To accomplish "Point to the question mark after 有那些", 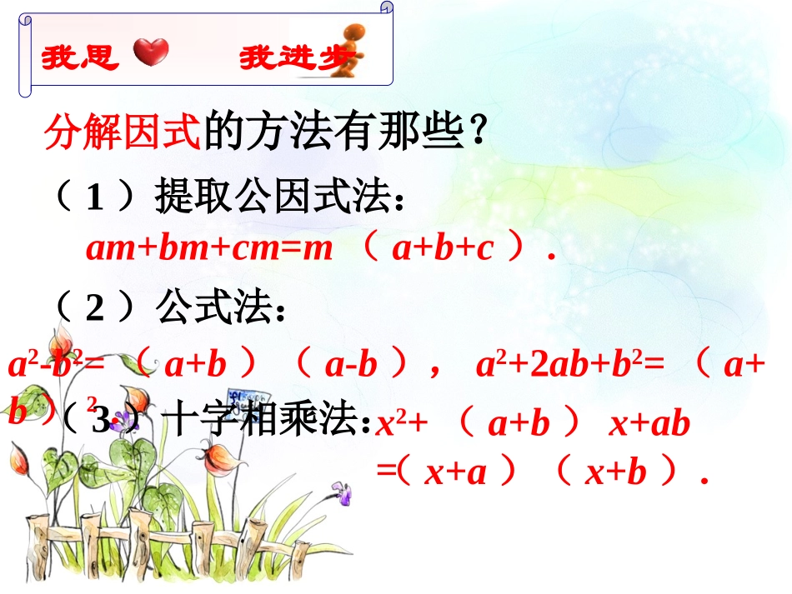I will click(478, 132).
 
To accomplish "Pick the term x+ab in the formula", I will click(649, 424).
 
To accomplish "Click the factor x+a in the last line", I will click(455, 472).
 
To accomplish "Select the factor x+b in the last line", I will click(616, 472).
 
